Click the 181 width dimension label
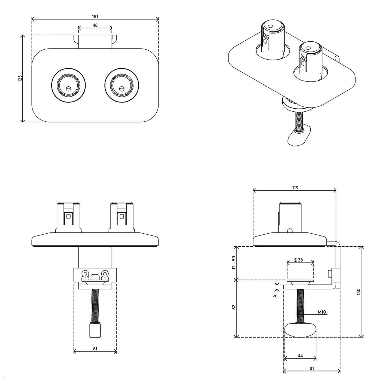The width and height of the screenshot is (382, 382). (95, 16)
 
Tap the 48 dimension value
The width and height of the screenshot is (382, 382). (95, 25)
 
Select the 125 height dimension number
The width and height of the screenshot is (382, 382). (20, 79)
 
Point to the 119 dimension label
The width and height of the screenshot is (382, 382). (295, 188)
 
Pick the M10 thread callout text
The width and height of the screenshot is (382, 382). (322, 312)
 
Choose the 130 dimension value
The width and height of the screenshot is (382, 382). (358, 292)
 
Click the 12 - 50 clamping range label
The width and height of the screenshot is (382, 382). (234, 263)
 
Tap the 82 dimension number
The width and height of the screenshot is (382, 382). (234, 307)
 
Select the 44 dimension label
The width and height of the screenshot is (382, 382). (300, 356)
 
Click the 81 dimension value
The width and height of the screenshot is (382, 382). (312, 368)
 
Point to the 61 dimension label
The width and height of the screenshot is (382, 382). (95, 349)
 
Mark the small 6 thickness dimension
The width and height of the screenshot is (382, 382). (274, 296)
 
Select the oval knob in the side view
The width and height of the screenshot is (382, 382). (301, 330)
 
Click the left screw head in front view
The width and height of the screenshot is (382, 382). (85, 273)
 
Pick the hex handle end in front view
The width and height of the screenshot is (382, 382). (95, 329)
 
